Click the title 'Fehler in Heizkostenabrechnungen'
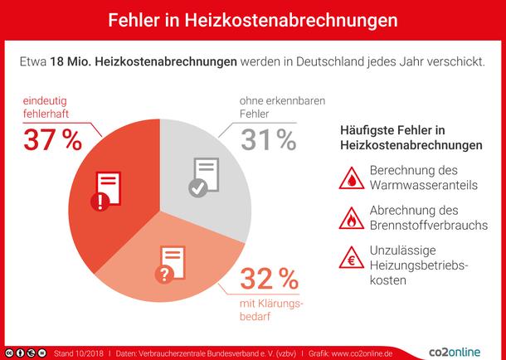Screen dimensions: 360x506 pyautogui.click(x=252, y=17)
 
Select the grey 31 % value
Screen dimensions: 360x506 pyautogui.click(x=269, y=139)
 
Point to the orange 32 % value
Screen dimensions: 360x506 pyautogui.click(x=270, y=277)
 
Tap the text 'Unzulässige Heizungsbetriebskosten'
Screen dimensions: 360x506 pyautogui.click(x=417, y=265)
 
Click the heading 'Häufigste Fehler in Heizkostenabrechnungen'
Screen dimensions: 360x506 pyautogui.click(x=411, y=138)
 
